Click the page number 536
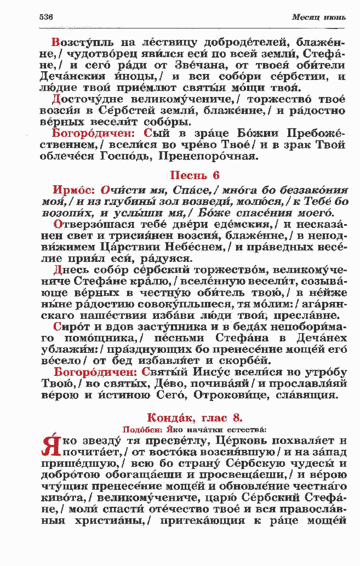pyautogui.click(x=46, y=17)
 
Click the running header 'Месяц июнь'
pyautogui.click(x=319, y=17)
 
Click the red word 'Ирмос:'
pyautogui.click(x=73, y=190)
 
